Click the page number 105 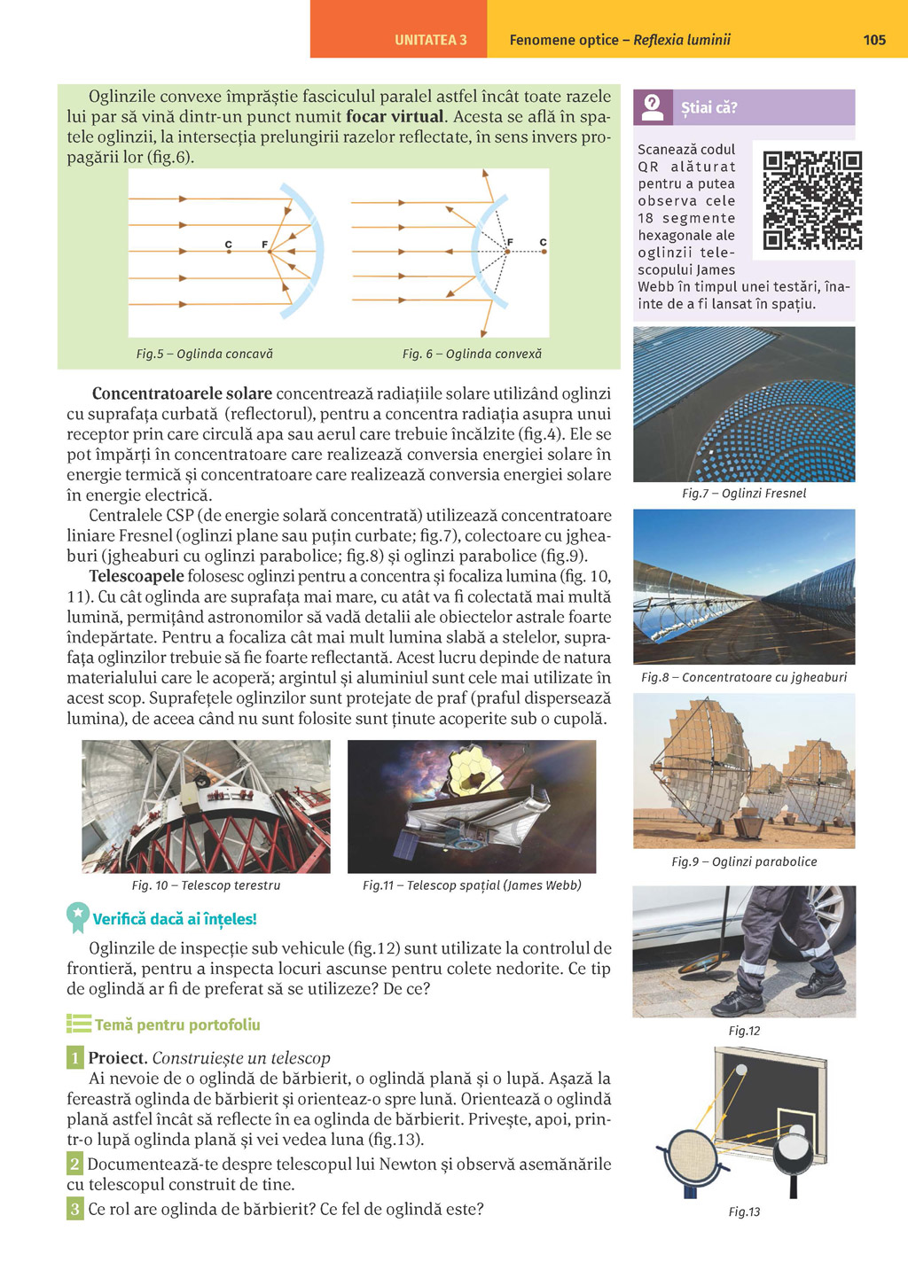click(x=873, y=40)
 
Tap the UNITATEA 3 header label click(x=430, y=40)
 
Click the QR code click(x=812, y=200)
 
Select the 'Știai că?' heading click(x=708, y=108)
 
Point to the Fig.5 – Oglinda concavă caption click(x=205, y=354)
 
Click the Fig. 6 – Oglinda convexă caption click(x=472, y=354)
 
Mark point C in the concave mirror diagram click(x=229, y=252)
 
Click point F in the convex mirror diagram click(x=508, y=252)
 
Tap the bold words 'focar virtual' click(x=395, y=117)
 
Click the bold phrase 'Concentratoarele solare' click(x=182, y=393)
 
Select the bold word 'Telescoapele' click(x=137, y=577)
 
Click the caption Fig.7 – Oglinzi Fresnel click(x=744, y=494)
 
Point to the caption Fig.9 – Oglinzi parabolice click(x=744, y=861)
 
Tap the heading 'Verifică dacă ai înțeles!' click(x=175, y=920)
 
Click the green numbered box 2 click(x=74, y=1165)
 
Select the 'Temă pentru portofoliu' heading click(x=177, y=1025)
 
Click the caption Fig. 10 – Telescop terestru click(x=206, y=885)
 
